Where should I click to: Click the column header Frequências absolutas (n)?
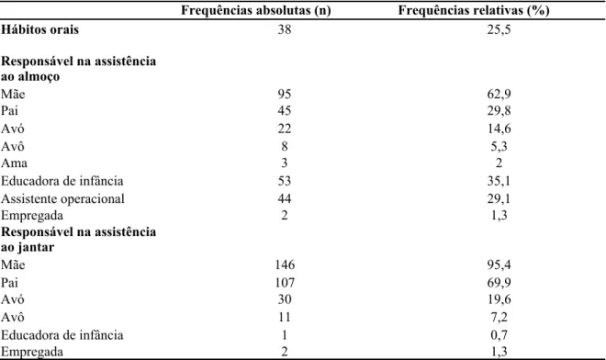pos(256,10)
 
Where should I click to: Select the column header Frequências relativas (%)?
pos(474,10)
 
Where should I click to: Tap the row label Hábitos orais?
pos(39,29)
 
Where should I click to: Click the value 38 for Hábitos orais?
pos(285,29)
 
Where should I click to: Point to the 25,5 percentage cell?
pos(499,30)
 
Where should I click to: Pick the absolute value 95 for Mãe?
pos(285,94)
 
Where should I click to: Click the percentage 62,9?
pos(499,95)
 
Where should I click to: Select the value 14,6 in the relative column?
pos(499,129)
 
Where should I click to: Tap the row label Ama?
pos(14,163)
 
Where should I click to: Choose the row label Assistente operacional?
pos(62,198)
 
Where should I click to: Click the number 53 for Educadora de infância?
pos(285,181)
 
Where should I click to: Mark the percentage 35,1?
pos(499,181)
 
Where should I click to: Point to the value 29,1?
pos(499,199)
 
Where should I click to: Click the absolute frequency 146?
pos(285,264)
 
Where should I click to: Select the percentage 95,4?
pos(499,265)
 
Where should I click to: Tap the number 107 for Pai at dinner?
pos(285,283)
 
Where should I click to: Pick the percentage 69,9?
pos(499,283)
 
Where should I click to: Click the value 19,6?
pos(499,299)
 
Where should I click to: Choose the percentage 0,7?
pos(499,335)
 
